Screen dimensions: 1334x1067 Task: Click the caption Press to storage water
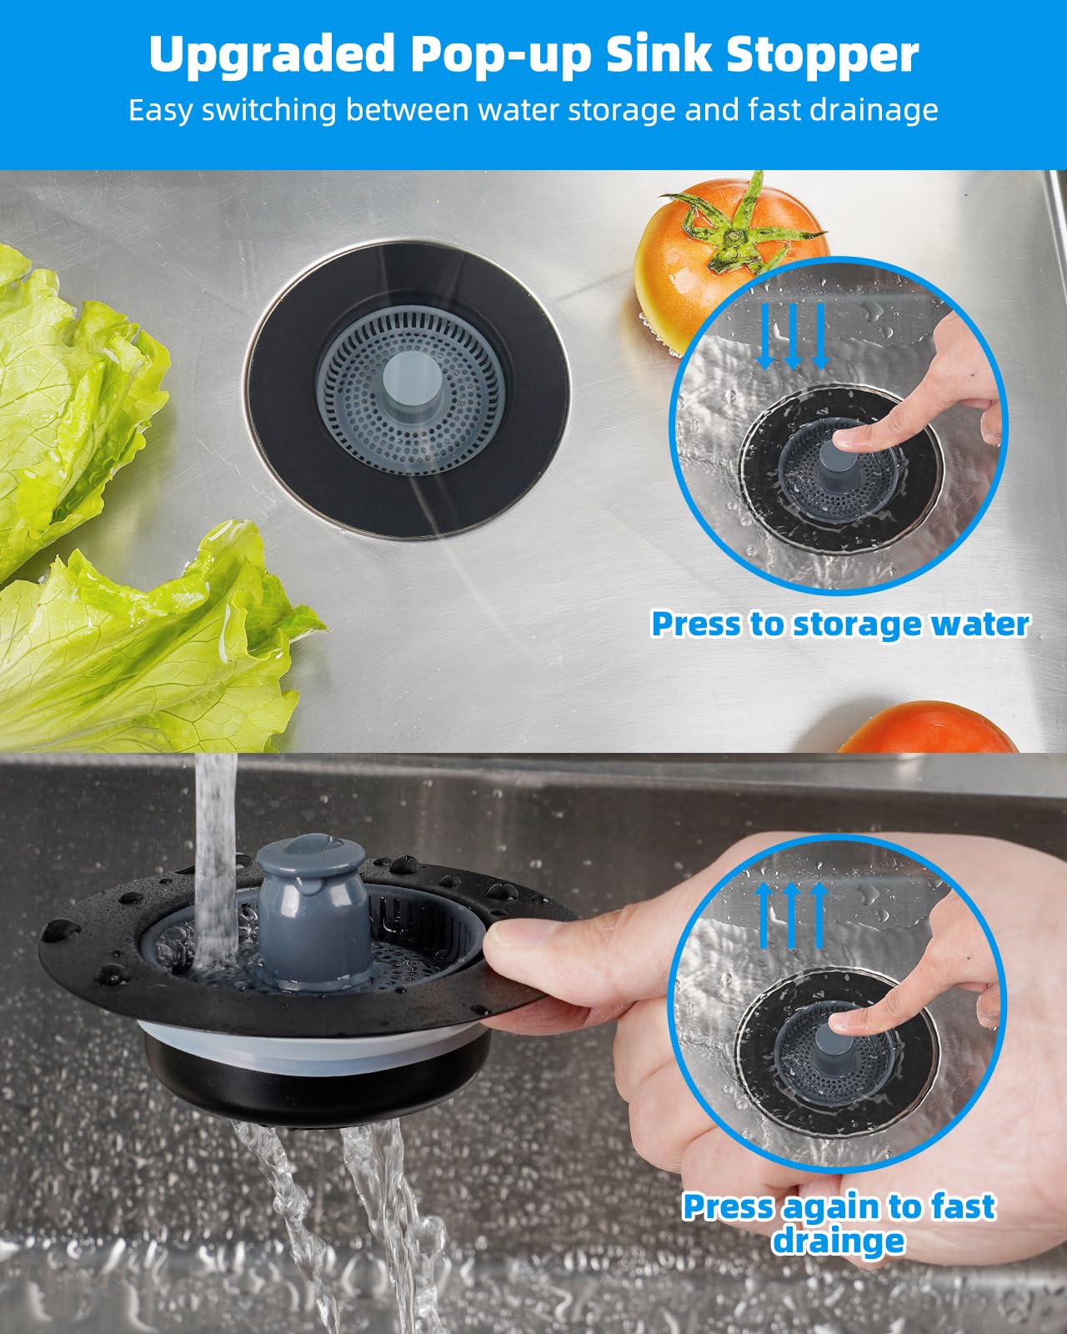point(839,624)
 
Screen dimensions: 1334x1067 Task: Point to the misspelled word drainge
point(838,1241)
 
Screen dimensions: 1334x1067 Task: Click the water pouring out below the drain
point(375,1209)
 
